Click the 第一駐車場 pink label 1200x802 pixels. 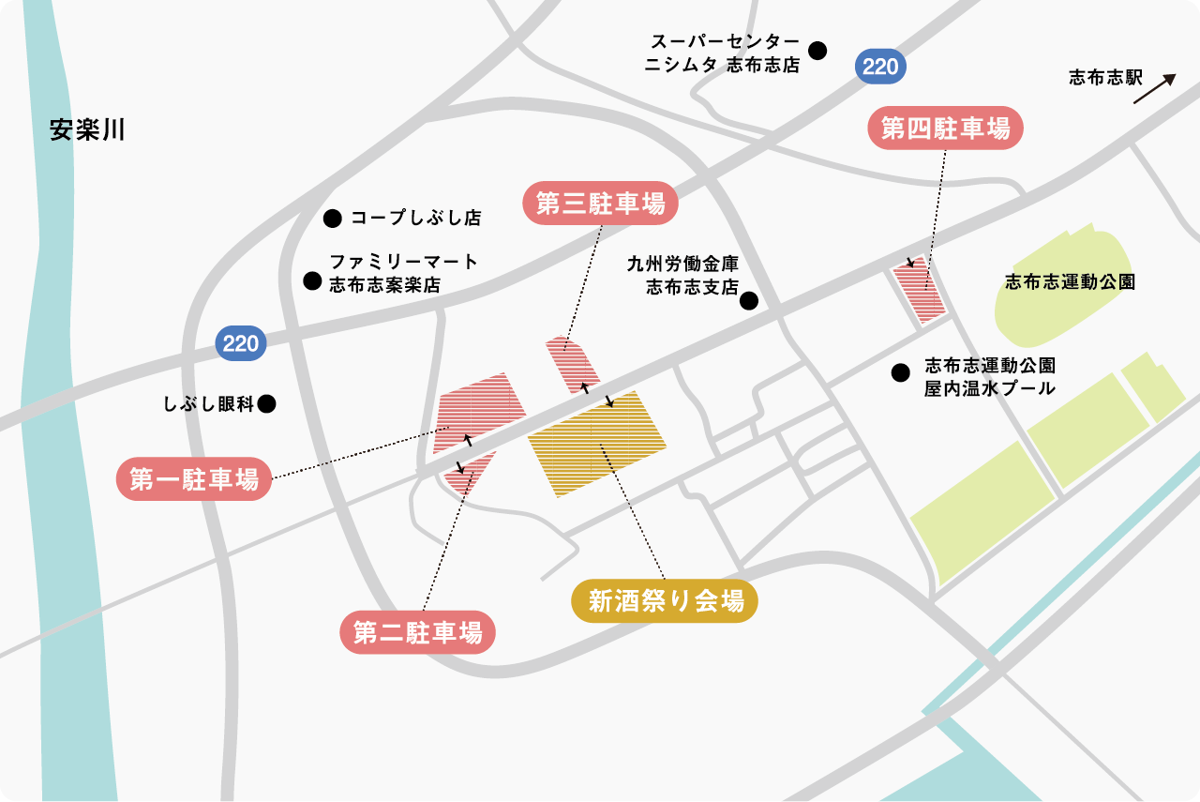pyautogui.click(x=194, y=479)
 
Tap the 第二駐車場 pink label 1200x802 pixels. pyautogui.click(x=417, y=633)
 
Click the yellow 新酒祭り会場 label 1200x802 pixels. pyautogui.click(x=665, y=601)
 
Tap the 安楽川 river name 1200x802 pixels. pyautogui.click(x=87, y=129)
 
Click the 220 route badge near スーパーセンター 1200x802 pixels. pyautogui.click(x=879, y=67)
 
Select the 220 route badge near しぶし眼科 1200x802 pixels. pyautogui.click(x=241, y=343)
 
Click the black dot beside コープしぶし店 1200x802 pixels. pyautogui.click(x=331, y=219)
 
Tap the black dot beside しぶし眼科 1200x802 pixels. pyautogui.click(x=266, y=404)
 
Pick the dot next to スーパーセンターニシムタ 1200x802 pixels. pyautogui.click(x=818, y=51)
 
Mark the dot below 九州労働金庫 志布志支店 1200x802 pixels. pyautogui.click(x=749, y=301)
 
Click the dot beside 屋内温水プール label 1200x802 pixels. pyautogui.click(x=900, y=373)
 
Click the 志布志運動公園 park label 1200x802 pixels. pyautogui.click(x=1070, y=281)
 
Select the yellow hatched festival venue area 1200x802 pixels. pyautogui.click(x=596, y=443)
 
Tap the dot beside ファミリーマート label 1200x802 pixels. pyautogui.click(x=311, y=280)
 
